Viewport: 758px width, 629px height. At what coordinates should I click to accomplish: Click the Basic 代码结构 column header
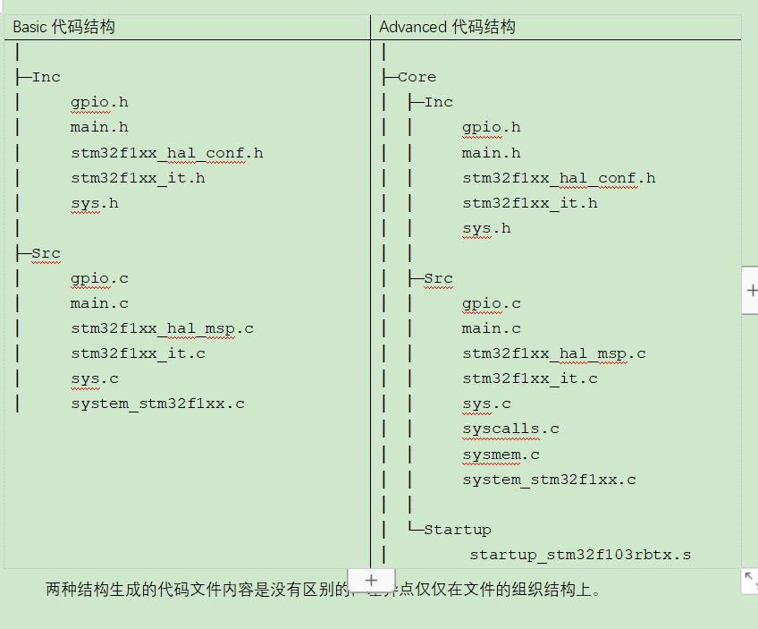pos(63,27)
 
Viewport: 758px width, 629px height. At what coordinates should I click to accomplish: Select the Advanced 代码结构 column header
pos(447,27)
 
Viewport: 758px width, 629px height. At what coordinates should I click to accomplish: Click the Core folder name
pos(417,77)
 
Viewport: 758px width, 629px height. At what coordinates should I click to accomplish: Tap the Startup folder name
pos(457,530)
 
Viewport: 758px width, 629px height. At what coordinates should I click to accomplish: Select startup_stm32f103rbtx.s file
pos(580,555)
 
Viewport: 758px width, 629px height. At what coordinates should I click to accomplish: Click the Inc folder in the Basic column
pos(46,77)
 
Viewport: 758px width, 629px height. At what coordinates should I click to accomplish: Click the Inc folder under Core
pos(438,102)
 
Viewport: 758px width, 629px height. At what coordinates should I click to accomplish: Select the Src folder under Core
pos(438,278)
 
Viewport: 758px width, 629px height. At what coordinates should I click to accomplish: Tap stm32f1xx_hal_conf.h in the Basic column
pos(167,153)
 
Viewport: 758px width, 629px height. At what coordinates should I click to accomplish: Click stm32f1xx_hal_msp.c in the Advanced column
pos(553,353)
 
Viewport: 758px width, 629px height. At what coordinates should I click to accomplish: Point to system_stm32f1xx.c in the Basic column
pos(158,404)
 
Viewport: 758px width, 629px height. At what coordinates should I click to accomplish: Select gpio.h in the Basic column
pos(99,102)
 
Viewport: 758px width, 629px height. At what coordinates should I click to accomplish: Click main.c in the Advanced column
pos(491,328)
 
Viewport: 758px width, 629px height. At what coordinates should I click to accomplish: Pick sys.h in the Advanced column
pos(486,228)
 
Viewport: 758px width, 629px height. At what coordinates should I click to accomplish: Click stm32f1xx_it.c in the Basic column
pos(139,353)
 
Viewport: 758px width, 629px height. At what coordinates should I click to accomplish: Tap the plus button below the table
pos(372,580)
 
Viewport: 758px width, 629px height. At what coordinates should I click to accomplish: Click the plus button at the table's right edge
pos(751,291)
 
